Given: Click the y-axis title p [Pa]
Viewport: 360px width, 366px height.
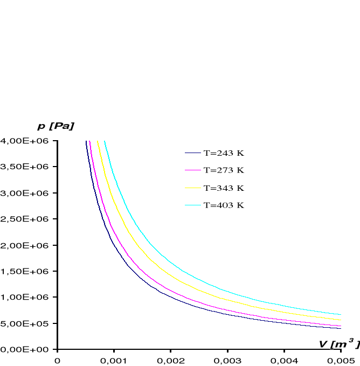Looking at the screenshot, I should [x=56, y=126].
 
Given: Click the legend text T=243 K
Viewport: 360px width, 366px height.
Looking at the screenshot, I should [x=224, y=153].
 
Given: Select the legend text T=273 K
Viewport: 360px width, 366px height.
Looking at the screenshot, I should [x=224, y=170].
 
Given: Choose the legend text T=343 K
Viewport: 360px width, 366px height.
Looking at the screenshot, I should [x=224, y=188].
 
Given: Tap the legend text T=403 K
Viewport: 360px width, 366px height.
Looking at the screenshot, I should [x=224, y=205].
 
